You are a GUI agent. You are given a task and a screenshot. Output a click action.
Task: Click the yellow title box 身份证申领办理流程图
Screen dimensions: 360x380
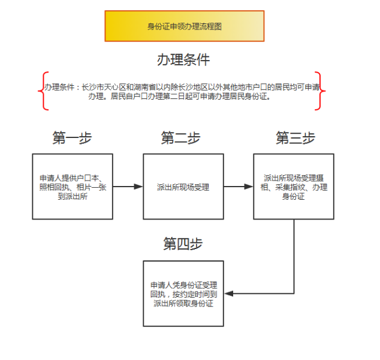tap(184, 26)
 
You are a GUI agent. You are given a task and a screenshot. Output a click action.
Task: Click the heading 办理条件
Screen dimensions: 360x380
tap(183, 59)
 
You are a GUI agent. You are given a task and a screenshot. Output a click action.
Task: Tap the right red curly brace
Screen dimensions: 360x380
tap(321, 91)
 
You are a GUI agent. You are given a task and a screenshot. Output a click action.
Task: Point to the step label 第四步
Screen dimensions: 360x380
tap(183, 243)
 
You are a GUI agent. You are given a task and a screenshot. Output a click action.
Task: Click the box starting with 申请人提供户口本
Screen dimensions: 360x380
tap(72, 187)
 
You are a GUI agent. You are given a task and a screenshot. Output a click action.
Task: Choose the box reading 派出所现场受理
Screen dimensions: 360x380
tap(183, 187)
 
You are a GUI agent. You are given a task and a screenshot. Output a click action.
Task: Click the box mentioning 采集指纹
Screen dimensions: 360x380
tap(294, 187)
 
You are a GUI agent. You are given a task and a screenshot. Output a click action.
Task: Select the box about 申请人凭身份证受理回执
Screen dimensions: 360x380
tap(183, 293)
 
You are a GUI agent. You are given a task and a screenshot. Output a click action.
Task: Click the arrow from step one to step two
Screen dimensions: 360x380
tap(127, 187)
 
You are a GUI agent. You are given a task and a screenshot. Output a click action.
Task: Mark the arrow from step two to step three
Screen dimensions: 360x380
tap(238, 187)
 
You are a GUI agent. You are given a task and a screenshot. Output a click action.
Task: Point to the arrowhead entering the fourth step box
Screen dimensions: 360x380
tap(228, 293)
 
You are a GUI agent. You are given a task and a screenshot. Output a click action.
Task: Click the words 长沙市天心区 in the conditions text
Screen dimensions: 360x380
tap(102, 87)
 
